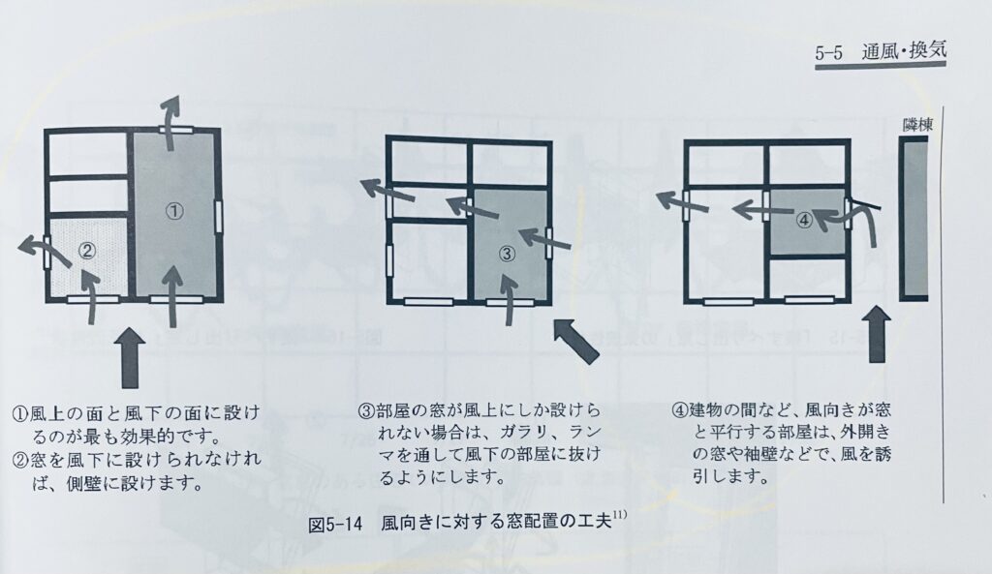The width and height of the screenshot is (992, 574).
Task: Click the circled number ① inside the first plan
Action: pos(174,210)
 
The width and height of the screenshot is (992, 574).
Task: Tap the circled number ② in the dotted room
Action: pos(86,251)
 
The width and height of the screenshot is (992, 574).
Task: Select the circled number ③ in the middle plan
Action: pos(508,255)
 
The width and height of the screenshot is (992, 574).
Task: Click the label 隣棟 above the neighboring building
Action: pos(917,125)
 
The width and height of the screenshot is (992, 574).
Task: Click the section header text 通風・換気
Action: pos(904,50)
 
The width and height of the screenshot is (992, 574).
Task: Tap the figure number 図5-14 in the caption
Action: pos(334,525)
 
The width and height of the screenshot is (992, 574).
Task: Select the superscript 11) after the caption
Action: pos(619,515)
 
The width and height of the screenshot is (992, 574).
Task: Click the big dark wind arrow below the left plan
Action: pos(131,357)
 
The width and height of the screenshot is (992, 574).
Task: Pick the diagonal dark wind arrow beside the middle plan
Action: pos(575,340)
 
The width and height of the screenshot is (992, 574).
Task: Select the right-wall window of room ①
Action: pos(219,217)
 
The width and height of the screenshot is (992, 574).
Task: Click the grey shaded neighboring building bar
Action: pos(914,220)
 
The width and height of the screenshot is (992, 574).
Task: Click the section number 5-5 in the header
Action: pos(829,52)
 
